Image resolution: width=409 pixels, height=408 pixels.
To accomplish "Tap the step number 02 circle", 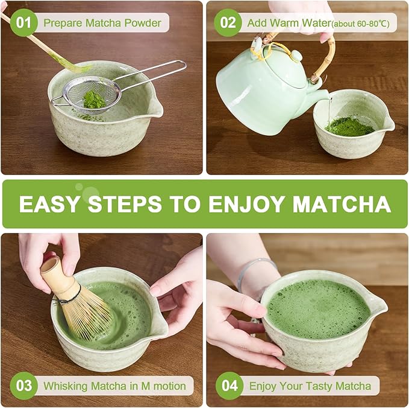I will [x=228, y=24].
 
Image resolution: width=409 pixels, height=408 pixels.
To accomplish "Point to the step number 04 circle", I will [x=229, y=386].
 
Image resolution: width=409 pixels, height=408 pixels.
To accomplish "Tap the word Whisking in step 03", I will [x=64, y=386].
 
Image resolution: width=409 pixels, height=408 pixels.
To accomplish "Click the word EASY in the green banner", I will [x=50, y=204].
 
